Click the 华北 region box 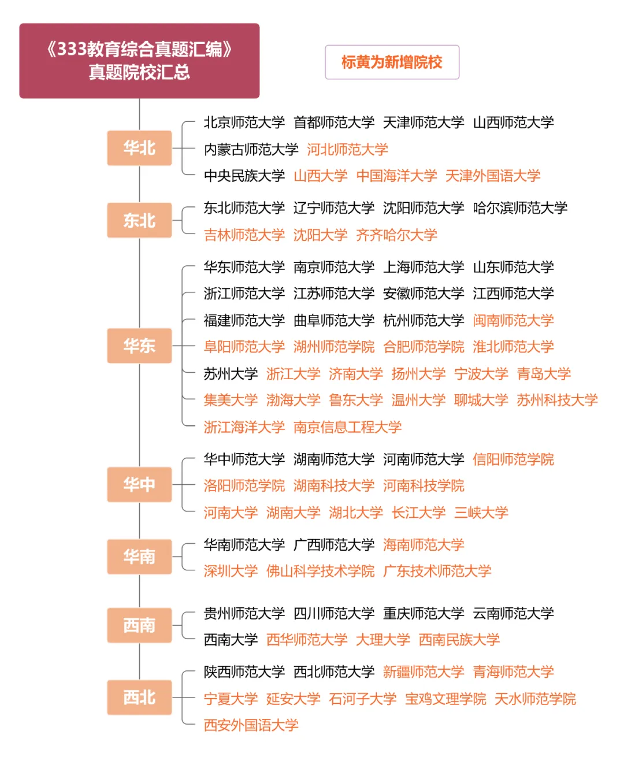(139, 148)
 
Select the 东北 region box (139, 220)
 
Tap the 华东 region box (139, 346)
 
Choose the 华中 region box (139, 484)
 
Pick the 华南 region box (139, 556)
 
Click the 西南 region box (139, 625)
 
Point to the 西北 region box (139, 697)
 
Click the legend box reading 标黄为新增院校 (392, 62)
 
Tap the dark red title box (139, 61)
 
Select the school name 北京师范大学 (244, 123)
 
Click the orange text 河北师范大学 (347, 149)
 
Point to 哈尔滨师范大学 (520, 207)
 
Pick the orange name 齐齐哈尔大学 (396, 235)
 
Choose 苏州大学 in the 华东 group (231, 373)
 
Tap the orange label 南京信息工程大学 (347, 427)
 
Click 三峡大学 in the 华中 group (481, 513)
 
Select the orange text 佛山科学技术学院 (320, 571)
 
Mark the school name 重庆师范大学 (424, 613)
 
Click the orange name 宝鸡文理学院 (445, 699)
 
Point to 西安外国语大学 (251, 725)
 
